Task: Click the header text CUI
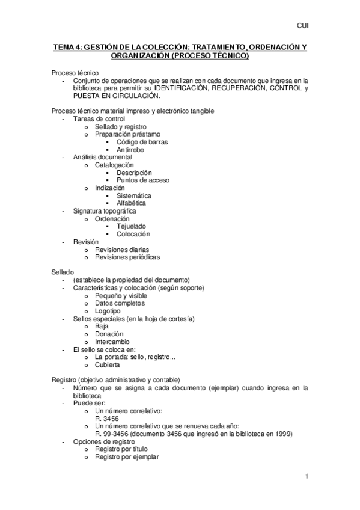point(302,26)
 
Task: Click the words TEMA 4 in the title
point(66,47)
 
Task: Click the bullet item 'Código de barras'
point(142,142)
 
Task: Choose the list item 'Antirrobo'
point(130,150)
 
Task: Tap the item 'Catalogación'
point(114,165)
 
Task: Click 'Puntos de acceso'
point(143,180)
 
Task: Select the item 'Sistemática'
point(134,195)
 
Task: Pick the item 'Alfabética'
point(132,203)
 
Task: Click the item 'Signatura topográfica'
point(105,211)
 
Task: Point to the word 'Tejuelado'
point(132,226)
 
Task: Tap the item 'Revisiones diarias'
point(122,249)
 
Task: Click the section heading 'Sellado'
point(63,272)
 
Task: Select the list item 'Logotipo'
point(108,311)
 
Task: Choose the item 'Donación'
point(109,334)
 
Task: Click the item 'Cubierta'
point(108,364)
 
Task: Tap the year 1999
point(268,434)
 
